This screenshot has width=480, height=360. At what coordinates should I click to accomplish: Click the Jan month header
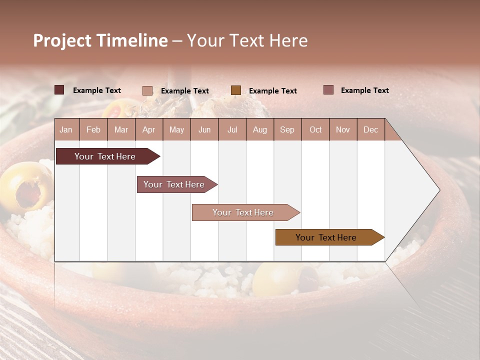[66, 129]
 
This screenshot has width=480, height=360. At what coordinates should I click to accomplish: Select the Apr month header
[148, 129]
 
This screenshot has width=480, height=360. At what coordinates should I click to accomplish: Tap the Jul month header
[232, 129]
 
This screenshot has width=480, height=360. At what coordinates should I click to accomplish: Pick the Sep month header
[287, 129]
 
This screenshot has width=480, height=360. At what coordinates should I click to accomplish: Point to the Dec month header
[370, 129]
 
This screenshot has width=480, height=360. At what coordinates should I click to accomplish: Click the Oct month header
[315, 129]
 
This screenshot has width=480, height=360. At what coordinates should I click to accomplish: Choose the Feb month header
[93, 129]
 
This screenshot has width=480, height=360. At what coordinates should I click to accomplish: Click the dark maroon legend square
[59, 90]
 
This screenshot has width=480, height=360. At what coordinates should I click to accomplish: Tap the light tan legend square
[147, 90]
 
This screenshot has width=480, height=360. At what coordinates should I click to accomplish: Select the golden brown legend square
[235, 90]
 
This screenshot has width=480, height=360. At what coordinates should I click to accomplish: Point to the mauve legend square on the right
[328, 90]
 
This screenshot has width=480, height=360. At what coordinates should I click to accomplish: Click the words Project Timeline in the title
[100, 40]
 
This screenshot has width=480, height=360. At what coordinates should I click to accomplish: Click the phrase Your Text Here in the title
[247, 40]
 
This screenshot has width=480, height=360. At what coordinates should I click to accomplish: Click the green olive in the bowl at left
[25, 185]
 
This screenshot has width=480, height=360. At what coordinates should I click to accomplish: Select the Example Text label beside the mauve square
[364, 90]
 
